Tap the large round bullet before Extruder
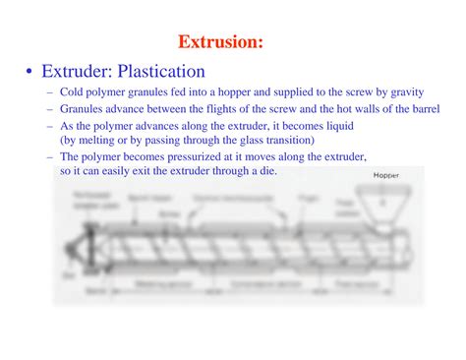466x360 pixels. click(31, 72)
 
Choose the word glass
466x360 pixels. click(248, 140)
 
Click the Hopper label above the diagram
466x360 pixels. click(386, 177)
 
